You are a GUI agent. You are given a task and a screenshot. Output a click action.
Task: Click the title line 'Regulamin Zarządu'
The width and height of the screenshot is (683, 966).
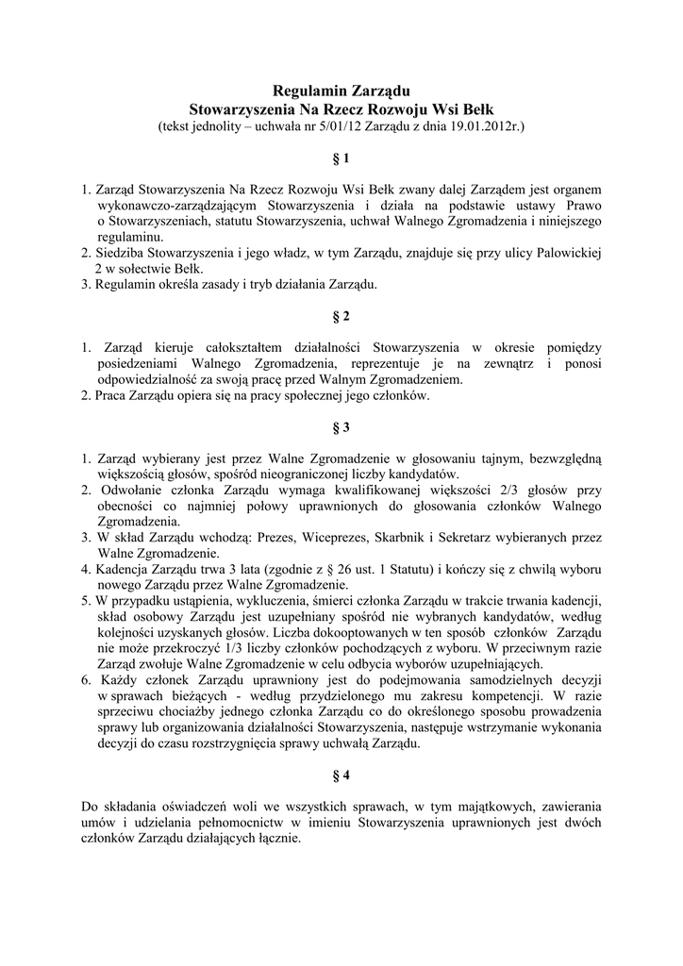341,92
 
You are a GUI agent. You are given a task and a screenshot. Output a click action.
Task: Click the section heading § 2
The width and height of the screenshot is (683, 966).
341,314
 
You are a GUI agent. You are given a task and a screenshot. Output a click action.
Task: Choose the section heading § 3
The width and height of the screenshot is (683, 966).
341,427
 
